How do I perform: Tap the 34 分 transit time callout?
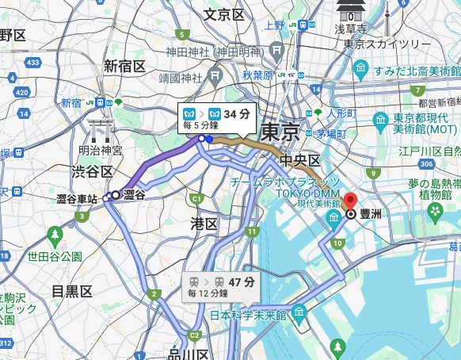(215, 119)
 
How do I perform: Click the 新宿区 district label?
(124, 65)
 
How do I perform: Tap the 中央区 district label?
(299, 161)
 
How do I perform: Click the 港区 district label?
(204, 224)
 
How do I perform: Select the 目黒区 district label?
(72, 291)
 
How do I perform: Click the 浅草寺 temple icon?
(349, 10)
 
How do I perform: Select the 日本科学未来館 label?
(247, 315)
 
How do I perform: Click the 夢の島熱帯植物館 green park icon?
(435, 212)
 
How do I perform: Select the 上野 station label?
(274, 25)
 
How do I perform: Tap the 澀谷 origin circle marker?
(116, 194)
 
